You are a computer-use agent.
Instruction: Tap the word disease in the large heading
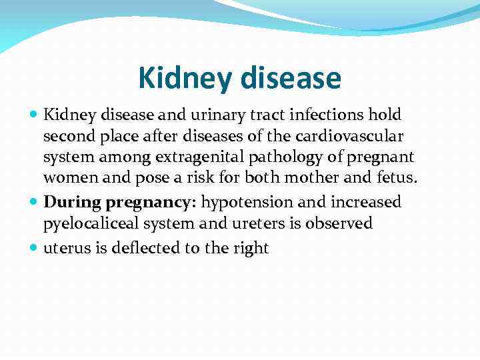point(291,79)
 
